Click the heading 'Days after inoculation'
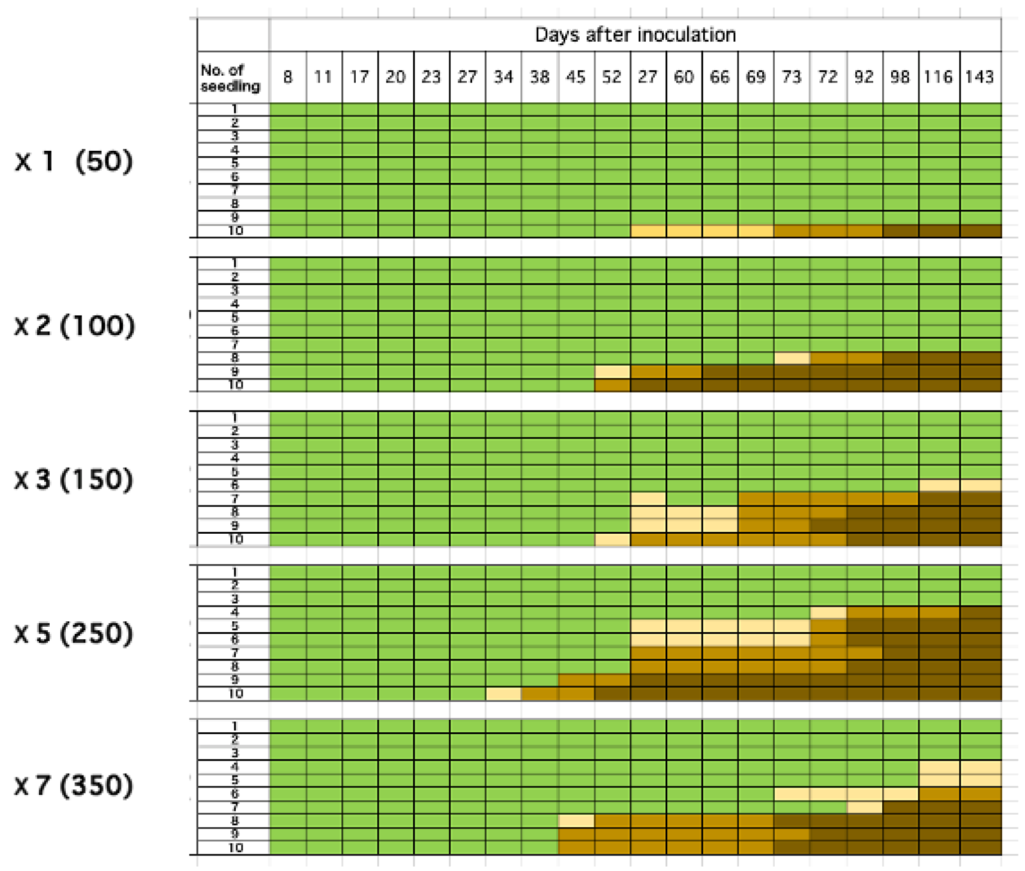pos(635,35)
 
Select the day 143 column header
pos(979,77)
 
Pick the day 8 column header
pos(288,77)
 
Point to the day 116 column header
pos(938,77)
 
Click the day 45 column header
pos(576,77)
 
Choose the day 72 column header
pos(827,77)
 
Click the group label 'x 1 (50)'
pos(74,161)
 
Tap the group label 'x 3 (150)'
pos(74,479)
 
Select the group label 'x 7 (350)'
pos(74,785)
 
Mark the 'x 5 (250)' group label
pos(74,633)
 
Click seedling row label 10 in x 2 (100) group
pos(235,385)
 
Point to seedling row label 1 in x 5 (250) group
pos(235,572)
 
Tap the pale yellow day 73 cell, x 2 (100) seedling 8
pos(791,358)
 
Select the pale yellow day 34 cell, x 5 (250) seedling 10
pos(503,693)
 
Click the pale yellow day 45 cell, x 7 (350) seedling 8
pos(576,820)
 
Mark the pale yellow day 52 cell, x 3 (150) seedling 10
pos(612,539)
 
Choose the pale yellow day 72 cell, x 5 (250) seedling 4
pos(827,612)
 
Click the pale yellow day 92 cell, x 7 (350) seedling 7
pos(864,806)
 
